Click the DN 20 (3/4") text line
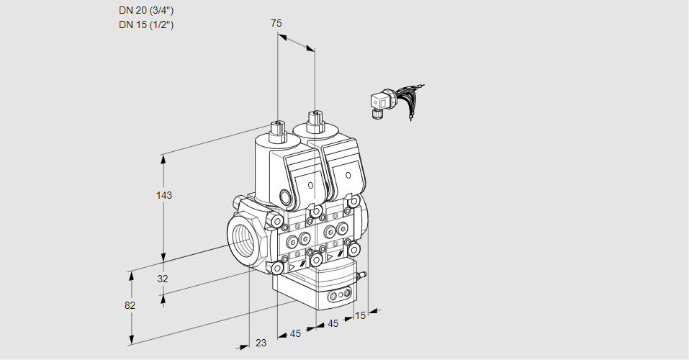pyautogui.click(x=146, y=11)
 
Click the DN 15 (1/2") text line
pyautogui.click(x=146, y=24)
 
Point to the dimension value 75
pyautogui.click(x=276, y=23)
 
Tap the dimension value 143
pyautogui.click(x=164, y=195)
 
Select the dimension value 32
pyautogui.click(x=163, y=279)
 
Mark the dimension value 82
pyautogui.click(x=130, y=305)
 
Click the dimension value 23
pyautogui.click(x=261, y=343)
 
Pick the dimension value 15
pyautogui.click(x=361, y=315)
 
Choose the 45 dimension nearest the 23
pyautogui.click(x=295, y=333)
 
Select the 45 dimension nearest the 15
pyautogui.click(x=333, y=323)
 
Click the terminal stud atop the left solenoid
pyautogui.click(x=277, y=130)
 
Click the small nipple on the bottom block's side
pyautogui.click(x=362, y=274)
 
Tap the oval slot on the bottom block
pyautogui.click(x=338, y=296)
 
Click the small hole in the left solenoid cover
pyautogui.click(x=310, y=186)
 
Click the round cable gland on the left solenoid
pyautogui.click(x=286, y=197)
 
